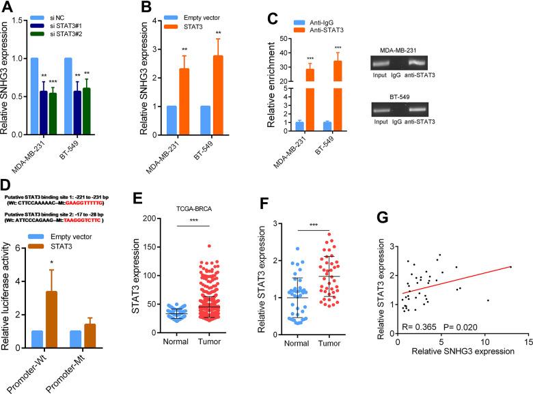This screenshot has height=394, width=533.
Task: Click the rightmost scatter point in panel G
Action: tap(510, 267)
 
